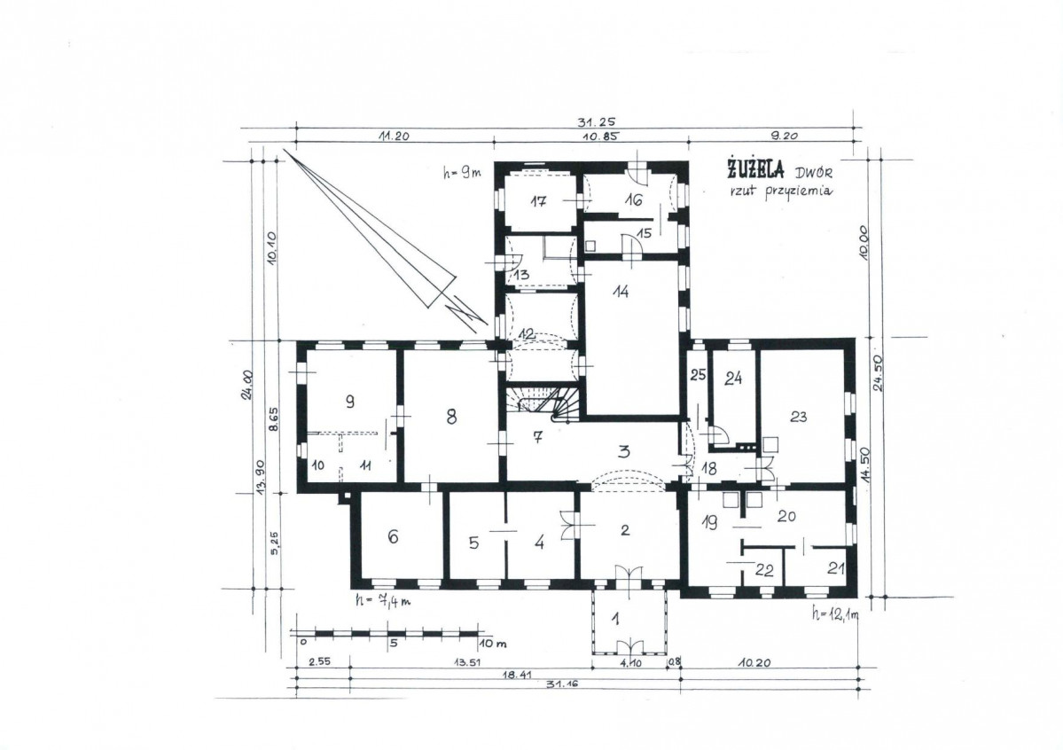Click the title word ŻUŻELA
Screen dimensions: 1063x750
click(755, 168)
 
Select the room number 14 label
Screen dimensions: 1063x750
click(621, 291)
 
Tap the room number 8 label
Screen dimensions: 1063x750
click(451, 417)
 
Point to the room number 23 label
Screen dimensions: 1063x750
click(799, 416)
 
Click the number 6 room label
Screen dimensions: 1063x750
click(394, 536)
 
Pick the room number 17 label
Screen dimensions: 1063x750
click(538, 200)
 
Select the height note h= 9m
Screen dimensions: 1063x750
click(462, 173)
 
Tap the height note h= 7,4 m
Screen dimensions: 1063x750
click(383, 601)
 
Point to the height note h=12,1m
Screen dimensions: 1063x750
click(835, 615)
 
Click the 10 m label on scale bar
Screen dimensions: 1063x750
click(493, 643)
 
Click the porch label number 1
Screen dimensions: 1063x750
click(616, 619)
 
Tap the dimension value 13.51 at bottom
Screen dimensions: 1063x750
click(467, 662)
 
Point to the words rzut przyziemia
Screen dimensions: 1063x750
click(781, 191)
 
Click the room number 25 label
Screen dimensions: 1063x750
click(699, 374)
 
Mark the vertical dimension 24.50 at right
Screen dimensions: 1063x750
click(879, 373)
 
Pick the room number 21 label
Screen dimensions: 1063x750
click(836, 568)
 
